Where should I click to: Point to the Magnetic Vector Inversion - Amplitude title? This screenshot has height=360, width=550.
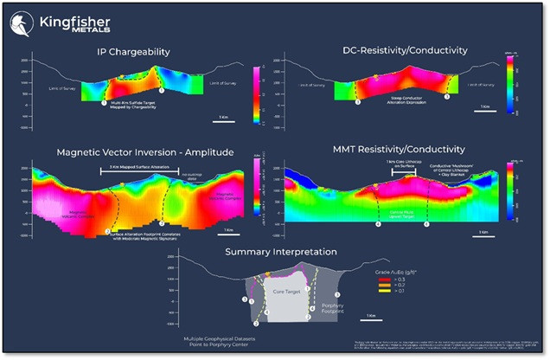point(145,151)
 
